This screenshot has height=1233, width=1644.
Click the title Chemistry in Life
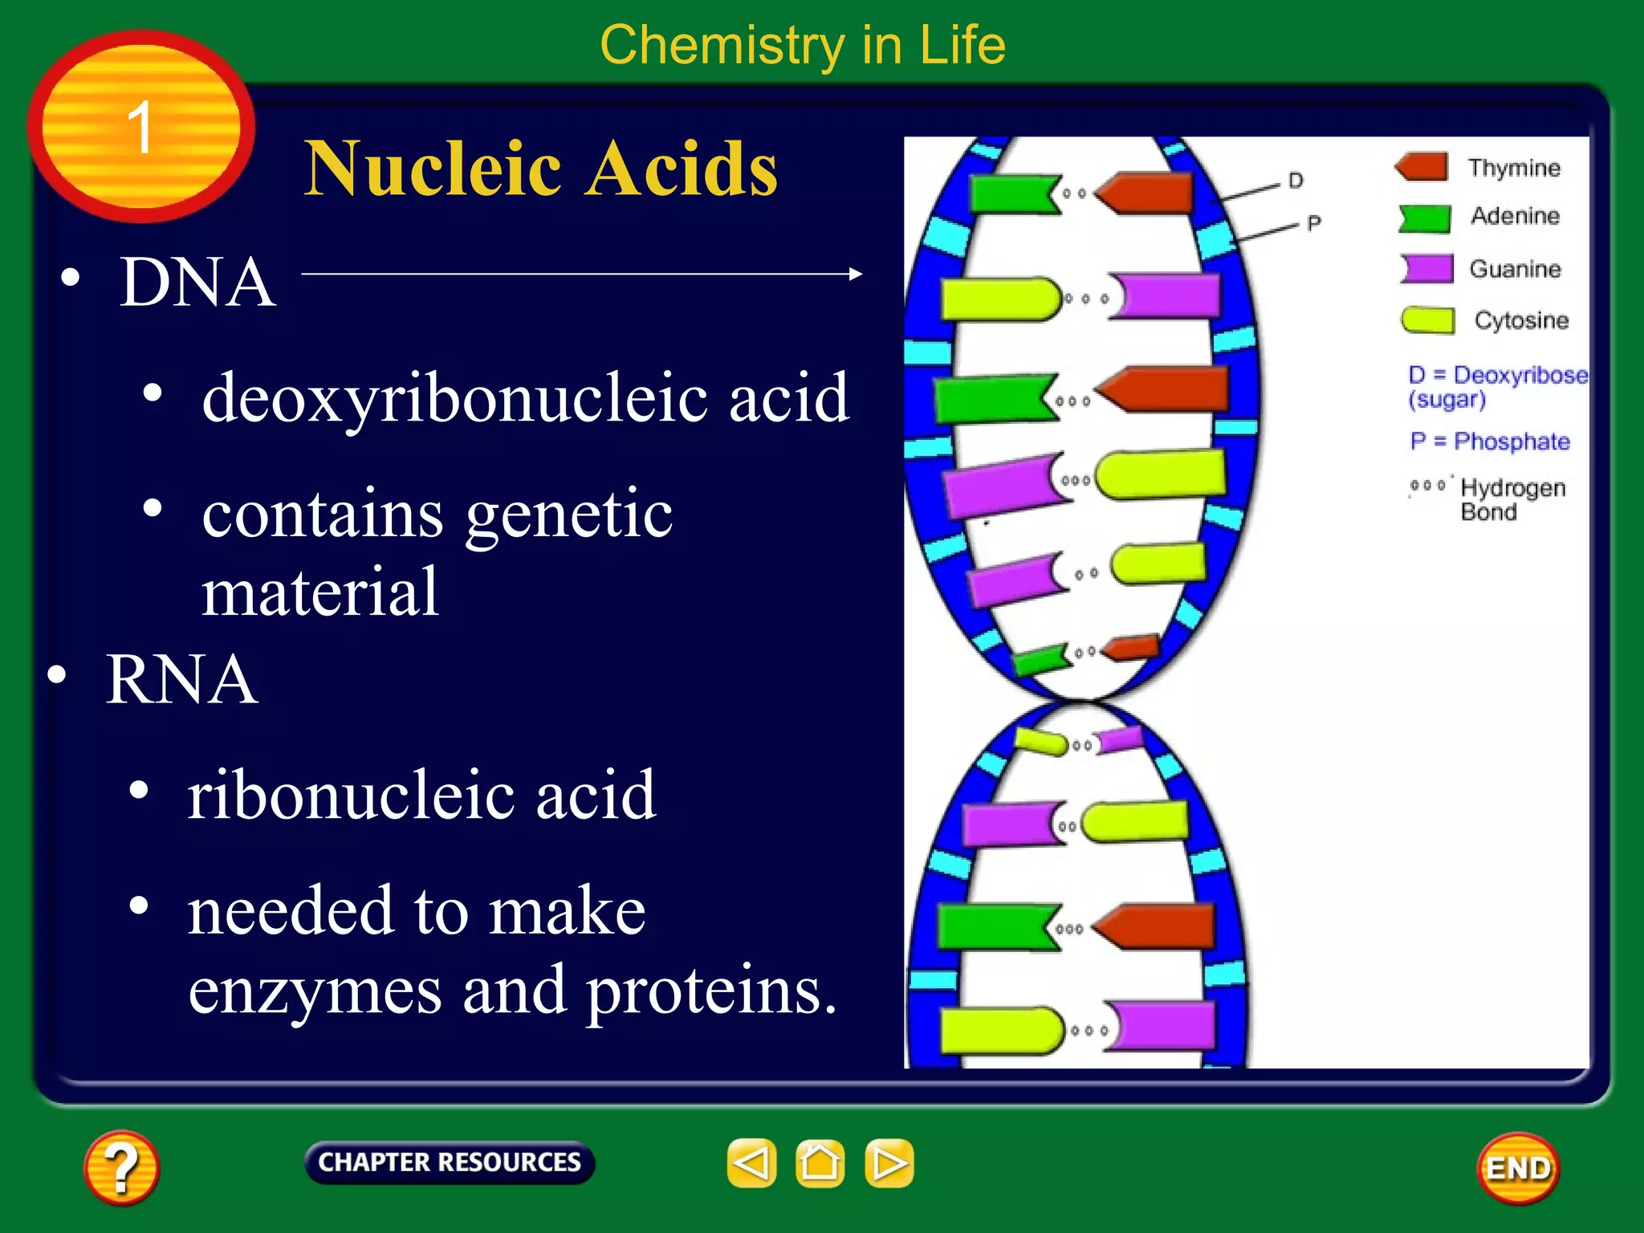click(x=802, y=45)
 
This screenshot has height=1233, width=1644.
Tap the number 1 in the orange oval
click(x=140, y=127)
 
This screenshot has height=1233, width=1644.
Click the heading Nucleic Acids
click(x=540, y=169)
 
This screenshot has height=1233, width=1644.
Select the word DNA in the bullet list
click(x=197, y=283)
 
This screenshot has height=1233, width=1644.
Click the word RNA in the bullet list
click(x=181, y=679)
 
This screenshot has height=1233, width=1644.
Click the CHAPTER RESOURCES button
click(x=450, y=1162)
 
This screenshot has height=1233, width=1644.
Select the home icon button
click(x=820, y=1162)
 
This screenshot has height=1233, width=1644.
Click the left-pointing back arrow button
click(x=751, y=1162)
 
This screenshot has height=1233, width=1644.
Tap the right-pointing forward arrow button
click(x=889, y=1162)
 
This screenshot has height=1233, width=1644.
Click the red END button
click(x=1517, y=1168)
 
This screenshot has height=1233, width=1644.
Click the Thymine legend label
click(x=1514, y=168)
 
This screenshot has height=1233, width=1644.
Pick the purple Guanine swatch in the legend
click(x=1427, y=268)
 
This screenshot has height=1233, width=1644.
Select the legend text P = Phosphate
click(x=1489, y=442)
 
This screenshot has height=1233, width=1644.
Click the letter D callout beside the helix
click(x=1296, y=181)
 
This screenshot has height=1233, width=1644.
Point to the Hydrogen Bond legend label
click(x=1512, y=498)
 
